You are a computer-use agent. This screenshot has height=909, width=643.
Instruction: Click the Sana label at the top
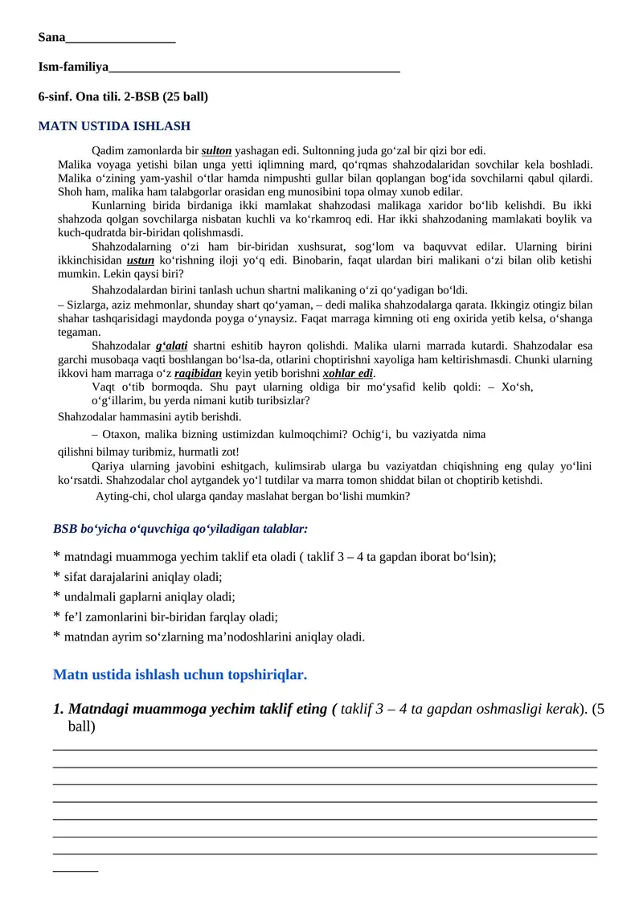[51, 37]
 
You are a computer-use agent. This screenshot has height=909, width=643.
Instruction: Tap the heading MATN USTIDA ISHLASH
[114, 126]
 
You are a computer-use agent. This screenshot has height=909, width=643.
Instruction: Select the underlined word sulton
[216, 150]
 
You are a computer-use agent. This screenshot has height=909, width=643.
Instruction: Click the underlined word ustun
[141, 260]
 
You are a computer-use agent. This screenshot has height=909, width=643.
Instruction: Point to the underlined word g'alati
[171, 346]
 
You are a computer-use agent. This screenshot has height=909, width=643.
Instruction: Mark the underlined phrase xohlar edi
[348, 374]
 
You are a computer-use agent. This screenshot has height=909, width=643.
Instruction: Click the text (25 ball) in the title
[185, 96]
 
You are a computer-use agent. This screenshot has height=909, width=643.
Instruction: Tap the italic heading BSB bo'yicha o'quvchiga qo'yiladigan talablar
[180, 529]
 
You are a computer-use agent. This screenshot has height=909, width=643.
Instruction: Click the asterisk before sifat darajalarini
[56, 576]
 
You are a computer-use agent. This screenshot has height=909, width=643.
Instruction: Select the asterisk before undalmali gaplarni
[56, 596]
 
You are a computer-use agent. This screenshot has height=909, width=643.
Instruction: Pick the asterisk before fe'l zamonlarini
[56, 616]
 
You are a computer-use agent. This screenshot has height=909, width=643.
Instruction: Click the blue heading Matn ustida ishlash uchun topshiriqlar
[180, 674]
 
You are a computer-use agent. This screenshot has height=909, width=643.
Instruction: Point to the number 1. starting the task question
[59, 709]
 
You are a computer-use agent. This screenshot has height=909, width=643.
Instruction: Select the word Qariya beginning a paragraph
[109, 467]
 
